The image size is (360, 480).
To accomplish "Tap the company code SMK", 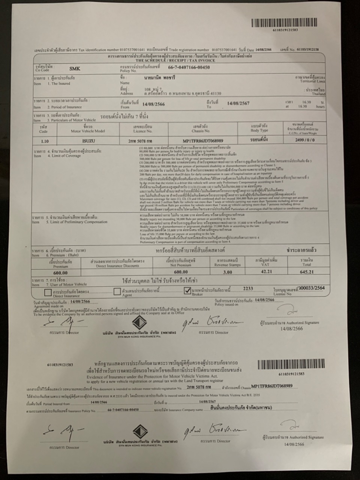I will point(75,69).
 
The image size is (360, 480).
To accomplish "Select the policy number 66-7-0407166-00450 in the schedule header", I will point(189,67).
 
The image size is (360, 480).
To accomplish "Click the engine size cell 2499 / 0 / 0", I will point(305,140).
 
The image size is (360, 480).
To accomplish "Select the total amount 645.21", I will point(306,271).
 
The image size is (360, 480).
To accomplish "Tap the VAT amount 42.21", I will point(266,271).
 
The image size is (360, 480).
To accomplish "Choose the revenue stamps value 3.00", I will point(228,272).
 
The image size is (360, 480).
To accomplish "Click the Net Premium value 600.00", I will point(181,272).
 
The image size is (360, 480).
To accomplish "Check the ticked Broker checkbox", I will point(187,291).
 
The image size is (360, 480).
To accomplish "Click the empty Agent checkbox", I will point(117,291).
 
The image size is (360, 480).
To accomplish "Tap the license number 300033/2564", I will point(312,288).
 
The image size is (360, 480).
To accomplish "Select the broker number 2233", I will point(248,288).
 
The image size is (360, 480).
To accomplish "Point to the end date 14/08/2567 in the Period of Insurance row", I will point(238,103).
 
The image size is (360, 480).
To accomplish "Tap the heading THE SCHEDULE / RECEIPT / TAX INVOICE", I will point(175,60).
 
